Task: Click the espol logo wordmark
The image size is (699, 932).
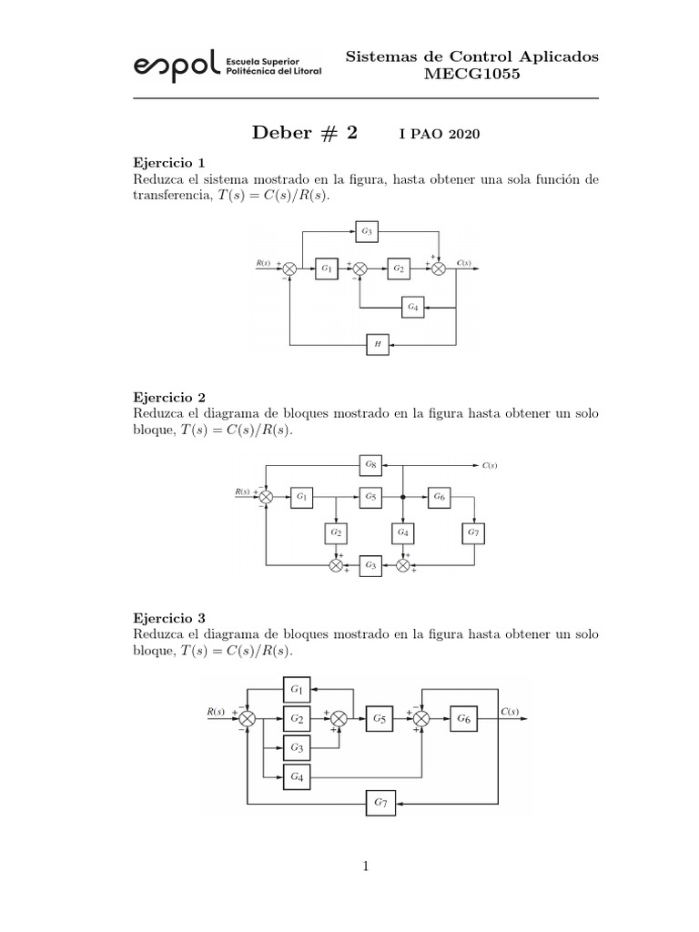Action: click(176, 64)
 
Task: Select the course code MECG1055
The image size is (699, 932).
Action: click(472, 74)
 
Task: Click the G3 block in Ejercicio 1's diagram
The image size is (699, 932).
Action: click(366, 232)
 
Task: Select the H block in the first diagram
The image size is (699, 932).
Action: click(377, 344)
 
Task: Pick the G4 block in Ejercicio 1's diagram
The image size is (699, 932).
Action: click(412, 308)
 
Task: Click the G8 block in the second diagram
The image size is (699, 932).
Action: click(370, 465)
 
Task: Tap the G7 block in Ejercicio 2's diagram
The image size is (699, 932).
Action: click(472, 532)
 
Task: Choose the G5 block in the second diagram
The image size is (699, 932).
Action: click(370, 497)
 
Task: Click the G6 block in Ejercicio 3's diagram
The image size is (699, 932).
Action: click(463, 718)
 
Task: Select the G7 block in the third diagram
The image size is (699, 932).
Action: click(381, 803)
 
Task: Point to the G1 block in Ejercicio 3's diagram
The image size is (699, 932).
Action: click(297, 688)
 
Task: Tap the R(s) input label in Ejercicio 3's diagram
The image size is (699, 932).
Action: click(216, 711)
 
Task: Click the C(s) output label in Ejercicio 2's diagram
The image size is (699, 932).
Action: click(490, 465)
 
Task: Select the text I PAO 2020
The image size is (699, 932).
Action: click(439, 135)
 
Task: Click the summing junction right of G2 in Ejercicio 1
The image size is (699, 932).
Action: click(438, 268)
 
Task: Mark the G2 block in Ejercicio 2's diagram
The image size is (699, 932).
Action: click(336, 532)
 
